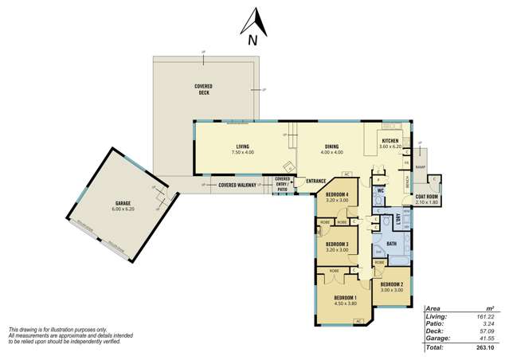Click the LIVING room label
point(243,146)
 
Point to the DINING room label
point(331,146)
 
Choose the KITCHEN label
point(390,140)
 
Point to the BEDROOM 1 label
point(343,298)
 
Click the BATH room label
point(391,244)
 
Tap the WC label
point(381,191)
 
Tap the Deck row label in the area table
point(434,331)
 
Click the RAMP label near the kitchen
point(420,167)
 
